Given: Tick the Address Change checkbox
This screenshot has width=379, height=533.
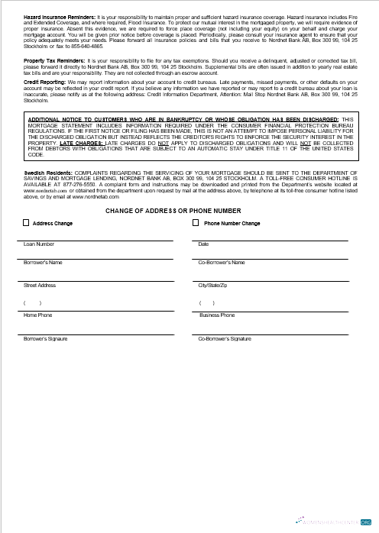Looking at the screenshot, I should tap(27, 223).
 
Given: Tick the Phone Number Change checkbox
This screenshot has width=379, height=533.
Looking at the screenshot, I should tap(195, 223).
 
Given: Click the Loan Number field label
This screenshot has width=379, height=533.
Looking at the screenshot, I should tap(39, 244).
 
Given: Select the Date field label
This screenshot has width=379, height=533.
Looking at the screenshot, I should tap(203, 244).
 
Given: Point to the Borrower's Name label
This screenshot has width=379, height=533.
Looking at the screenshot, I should tap(44, 263).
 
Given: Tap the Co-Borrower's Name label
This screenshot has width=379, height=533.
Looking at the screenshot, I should tap(222, 263).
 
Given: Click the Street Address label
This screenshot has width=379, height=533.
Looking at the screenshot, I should tap(40, 285).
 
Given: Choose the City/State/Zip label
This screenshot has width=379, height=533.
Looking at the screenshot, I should tap(212, 285).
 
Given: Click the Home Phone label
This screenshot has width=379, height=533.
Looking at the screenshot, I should tap(38, 315).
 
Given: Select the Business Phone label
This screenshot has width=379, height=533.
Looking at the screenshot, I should tap(217, 315).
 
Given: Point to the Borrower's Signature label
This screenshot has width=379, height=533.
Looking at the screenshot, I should tap(47, 338).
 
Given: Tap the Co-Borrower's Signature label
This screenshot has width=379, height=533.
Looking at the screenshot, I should tap(225, 338).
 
